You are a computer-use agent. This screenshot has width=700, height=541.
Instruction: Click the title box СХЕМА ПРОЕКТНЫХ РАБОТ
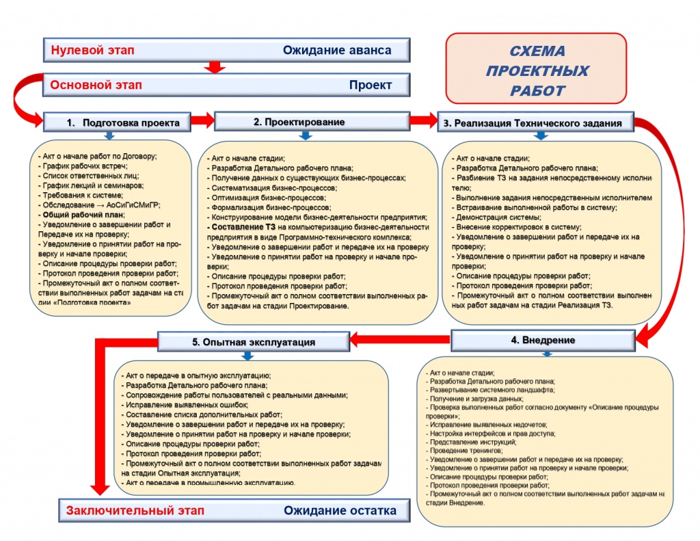coord(537,70)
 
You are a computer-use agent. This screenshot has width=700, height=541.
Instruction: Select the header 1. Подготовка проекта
coord(117,123)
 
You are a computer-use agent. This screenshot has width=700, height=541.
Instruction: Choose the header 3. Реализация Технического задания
coord(533,123)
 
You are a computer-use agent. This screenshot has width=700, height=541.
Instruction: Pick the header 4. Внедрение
coord(543,340)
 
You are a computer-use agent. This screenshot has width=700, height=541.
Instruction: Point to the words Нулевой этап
coord(93,50)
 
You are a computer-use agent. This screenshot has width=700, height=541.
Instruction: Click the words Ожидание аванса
coord(337,50)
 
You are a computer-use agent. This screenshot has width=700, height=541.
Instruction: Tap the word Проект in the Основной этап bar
coord(371,85)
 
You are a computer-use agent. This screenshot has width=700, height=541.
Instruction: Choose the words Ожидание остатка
coord(340,510)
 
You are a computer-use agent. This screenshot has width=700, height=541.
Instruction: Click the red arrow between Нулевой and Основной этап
coord(215,67)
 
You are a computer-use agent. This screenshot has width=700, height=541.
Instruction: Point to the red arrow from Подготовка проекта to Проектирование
coord(202,121)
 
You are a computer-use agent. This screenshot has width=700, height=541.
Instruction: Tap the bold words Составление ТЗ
coord(239,226)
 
